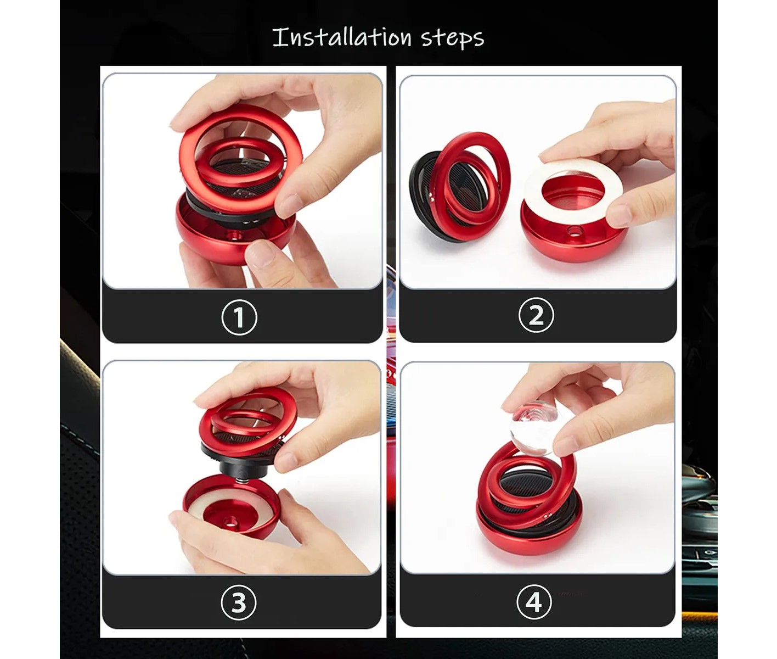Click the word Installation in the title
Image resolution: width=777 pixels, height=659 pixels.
(x=342, y=37)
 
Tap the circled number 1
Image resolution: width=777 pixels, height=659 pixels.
(x=239, y=317)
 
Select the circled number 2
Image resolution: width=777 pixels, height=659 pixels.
(x=536, y=315)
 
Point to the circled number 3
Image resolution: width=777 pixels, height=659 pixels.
(x=239, y=602)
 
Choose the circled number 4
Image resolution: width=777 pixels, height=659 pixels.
(x=534, y=601)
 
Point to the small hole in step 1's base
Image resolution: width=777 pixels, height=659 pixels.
(x=236, y=236)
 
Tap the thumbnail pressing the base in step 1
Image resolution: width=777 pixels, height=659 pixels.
(x=260, y=253)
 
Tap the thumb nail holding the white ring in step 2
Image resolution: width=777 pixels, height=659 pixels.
(x=619, y=215)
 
